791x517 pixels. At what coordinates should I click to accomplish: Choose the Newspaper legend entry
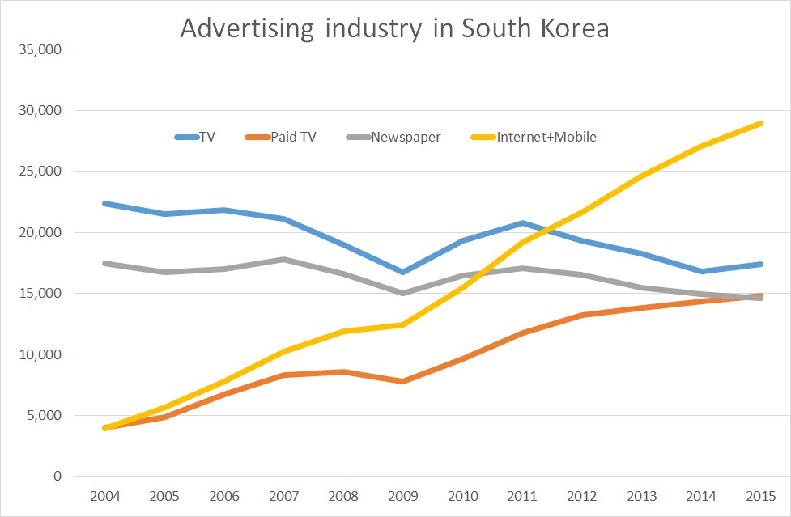pos(394,137)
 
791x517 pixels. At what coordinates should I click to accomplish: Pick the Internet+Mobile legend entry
pos(534,137)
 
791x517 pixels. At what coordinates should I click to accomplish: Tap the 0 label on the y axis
pos(57,477)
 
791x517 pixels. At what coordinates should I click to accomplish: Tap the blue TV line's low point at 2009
pos(402,272)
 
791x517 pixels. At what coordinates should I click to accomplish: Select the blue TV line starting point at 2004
pos(105,203)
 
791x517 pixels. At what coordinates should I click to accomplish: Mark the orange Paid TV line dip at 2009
pos(402,381)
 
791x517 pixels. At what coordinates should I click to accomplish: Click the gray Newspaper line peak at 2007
pos(283,260)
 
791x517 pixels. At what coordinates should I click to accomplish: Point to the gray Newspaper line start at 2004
pos(105,264)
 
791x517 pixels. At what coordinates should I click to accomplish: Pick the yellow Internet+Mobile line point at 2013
pos(640,176)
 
